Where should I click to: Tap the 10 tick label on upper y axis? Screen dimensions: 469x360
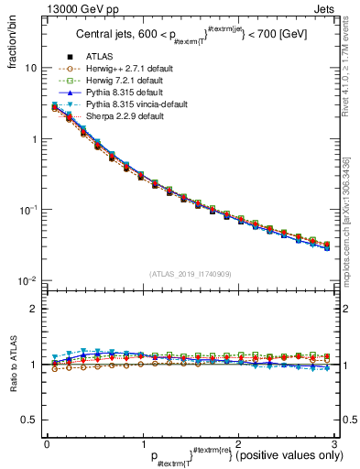(31, 69)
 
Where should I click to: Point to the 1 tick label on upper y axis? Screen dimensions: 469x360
(35, 139)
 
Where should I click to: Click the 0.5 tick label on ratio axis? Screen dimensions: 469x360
(31, 420)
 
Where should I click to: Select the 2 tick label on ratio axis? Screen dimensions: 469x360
(35, 309)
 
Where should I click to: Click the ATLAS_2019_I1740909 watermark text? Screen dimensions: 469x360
(189, 274)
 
